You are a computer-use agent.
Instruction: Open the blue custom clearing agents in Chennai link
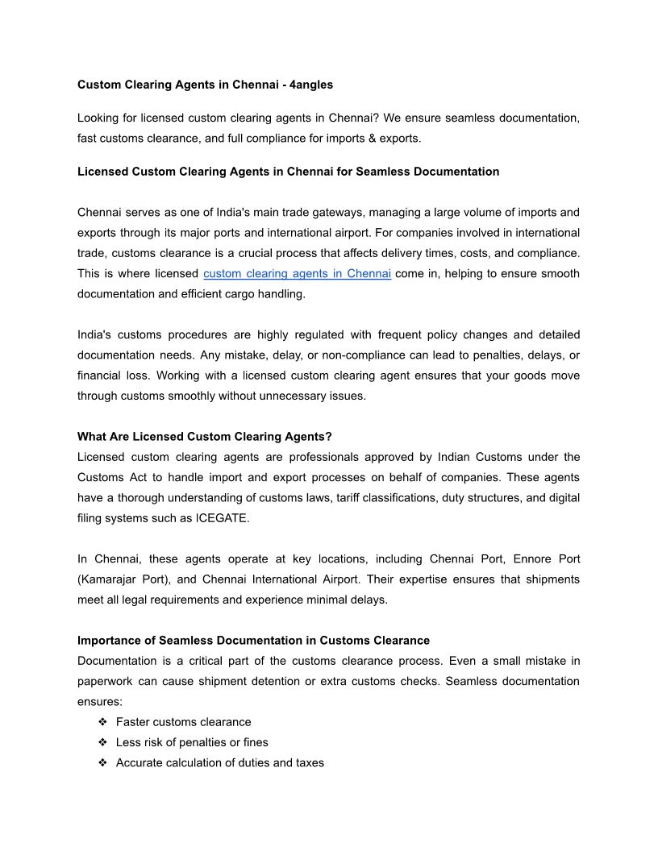tap(297, 274)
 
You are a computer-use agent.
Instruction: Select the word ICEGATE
tap(222, 518)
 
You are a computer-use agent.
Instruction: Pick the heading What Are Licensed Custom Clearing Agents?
tap(205, 437)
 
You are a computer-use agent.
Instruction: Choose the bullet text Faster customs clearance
tap(183, 722)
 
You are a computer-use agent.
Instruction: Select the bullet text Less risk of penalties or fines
tap(192, 742)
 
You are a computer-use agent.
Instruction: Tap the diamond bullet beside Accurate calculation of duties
tap(102, 762)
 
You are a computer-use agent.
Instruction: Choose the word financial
tap(99, 376)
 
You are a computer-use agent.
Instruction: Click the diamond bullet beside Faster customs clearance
tap(102, 722)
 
